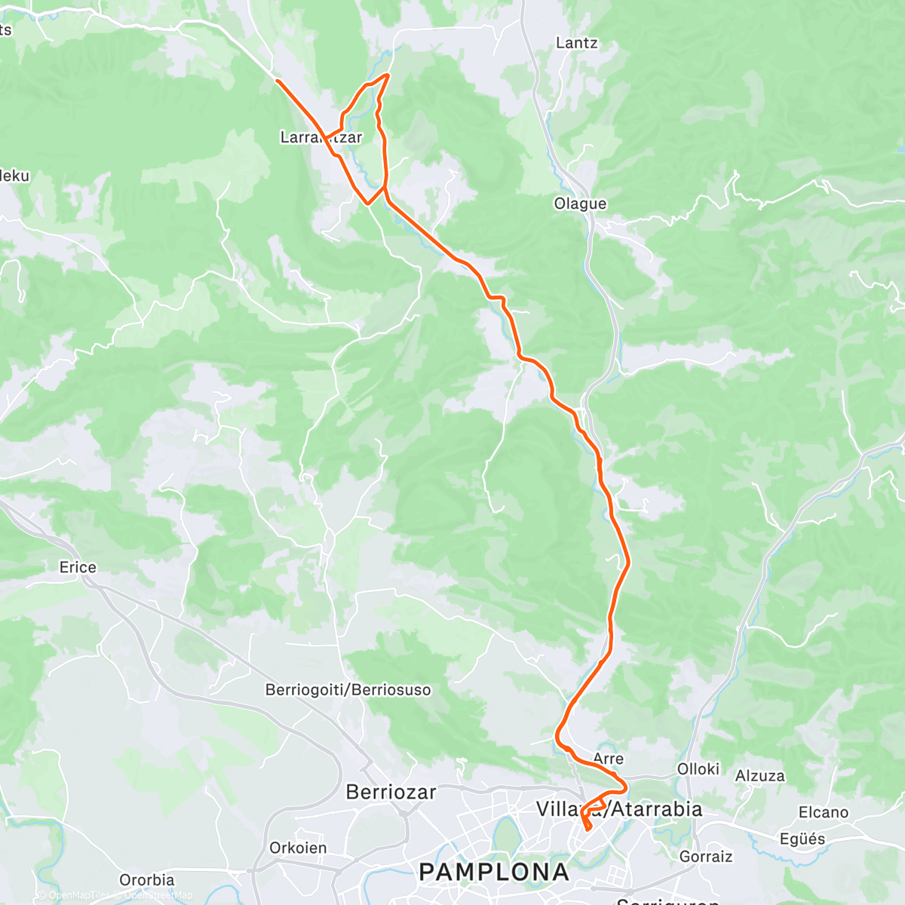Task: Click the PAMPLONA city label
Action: (x=494, y=872)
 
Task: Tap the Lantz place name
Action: (x=576, y=43)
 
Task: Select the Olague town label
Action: (x=579, y=204)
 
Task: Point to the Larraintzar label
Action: (x=321, y=137)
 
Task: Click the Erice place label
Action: (x=78, y=567)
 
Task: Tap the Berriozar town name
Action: (x=391, y=792)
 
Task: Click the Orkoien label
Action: (x=298, y=848)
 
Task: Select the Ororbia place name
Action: (x=146, y=879)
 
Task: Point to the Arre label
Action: (x=608, y=759)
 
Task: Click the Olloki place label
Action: (x=698, y=768)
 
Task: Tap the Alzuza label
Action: (x=759, y=776)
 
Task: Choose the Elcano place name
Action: (x=823, y=812)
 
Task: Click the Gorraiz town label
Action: (x=705, y=856)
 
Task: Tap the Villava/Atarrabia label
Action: (x=618, y=809)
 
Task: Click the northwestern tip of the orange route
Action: (x=277, y=80)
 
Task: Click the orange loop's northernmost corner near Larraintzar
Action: (x=388, y=75)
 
